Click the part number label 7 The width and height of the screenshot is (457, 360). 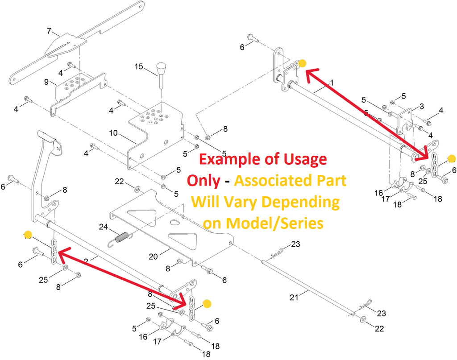(x=50, y=31)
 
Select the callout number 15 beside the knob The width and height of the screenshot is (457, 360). (x=139, y=67)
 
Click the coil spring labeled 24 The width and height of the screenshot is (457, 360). (x=121, y=237)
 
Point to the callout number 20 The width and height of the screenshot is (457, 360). (x=153, y=257)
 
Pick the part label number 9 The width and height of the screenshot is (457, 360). (x=46, y=82)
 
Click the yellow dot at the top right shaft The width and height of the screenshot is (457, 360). (x=302, y=63)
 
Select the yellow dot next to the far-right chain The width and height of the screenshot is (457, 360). (x=451, y=158)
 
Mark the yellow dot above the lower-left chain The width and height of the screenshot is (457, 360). (x=28, y=234)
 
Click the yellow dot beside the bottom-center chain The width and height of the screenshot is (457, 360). (x=207, y=303)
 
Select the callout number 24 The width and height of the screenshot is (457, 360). (x=104, y=227)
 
